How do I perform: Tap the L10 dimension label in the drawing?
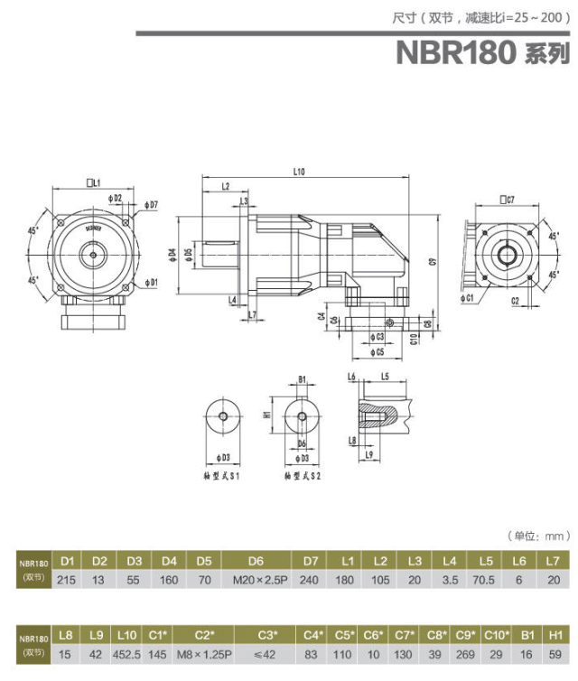300,171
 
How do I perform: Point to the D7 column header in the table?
311,562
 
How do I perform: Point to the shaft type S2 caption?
302,475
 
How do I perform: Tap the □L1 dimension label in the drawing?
92,182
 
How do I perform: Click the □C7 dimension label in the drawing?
505,198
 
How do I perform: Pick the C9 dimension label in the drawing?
433,262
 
